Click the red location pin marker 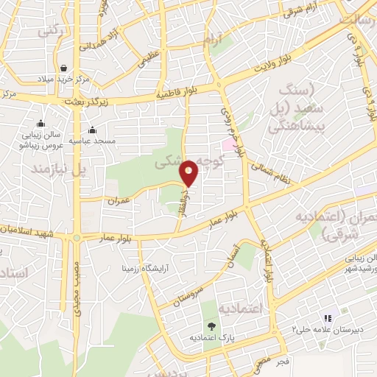[189, 173]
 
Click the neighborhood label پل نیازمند [57, 169]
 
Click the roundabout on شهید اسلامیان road [76, 237]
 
